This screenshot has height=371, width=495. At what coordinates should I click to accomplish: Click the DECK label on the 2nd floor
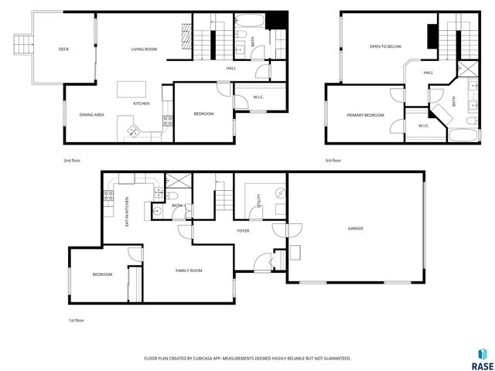pyautogui.click(x=63, y=49)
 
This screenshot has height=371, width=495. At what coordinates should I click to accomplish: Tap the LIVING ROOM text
pyautogui.click(x=144, y=49)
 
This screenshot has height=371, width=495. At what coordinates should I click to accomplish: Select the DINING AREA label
pyautogui.click(x=92, y=115)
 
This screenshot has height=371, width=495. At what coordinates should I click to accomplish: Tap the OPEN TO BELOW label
pyautogui.click(x=384, y=46)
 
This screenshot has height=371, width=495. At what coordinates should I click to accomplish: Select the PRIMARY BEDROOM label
pyautogui.click(x=365, y=115)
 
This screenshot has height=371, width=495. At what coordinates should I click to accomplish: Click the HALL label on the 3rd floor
pyautogui.click(x=428, y=73)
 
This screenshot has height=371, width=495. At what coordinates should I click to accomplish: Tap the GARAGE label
pyautogui.click(x=355, y=229)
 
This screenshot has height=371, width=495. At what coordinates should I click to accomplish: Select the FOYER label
pyautogui.click(x=243, y=230)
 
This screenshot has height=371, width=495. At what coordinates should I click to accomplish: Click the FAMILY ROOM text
pyautogui.click(x=189, y=271)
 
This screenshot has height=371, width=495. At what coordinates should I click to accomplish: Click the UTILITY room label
pyautogui.click(x=258, y=203)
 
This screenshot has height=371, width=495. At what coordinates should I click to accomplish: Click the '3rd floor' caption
pyautogui.click(x=333, y=161)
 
